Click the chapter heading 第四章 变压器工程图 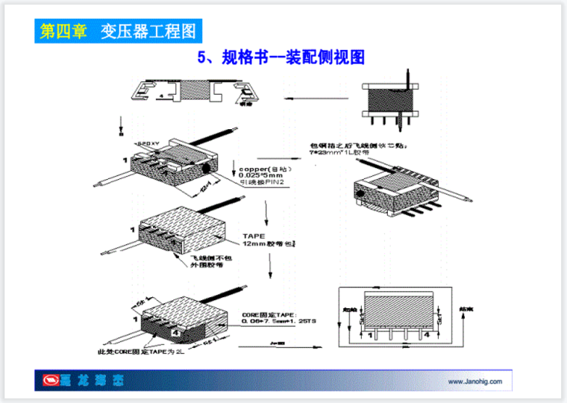point(117,31)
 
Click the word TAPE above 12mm point(252,236)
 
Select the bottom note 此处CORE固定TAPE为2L point(136,351)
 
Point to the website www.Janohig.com point(474,381)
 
